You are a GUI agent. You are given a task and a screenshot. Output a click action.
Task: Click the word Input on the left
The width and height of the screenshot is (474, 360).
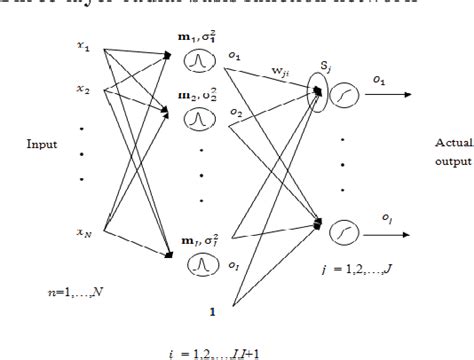[x=39, y=143]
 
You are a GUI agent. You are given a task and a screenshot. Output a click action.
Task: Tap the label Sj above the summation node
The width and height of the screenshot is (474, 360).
[x=324, y=67]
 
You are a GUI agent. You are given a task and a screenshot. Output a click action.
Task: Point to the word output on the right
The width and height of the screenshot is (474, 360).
[x=446, y=157]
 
